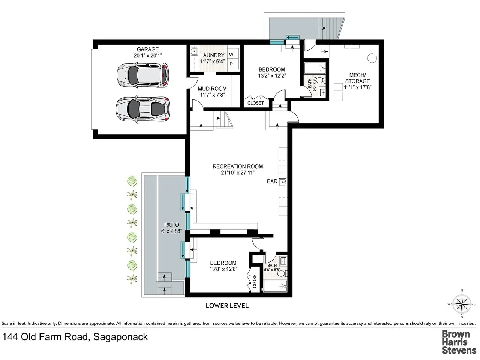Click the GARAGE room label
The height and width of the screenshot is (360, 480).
148,49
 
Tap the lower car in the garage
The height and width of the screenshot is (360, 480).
142,109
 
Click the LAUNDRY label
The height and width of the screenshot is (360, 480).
212,55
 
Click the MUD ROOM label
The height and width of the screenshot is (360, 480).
212,88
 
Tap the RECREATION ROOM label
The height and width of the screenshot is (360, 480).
238,166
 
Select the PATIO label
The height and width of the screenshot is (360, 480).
171,225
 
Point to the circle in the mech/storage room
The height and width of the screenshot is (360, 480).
372,58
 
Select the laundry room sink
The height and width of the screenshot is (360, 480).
194,52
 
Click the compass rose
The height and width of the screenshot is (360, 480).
462,304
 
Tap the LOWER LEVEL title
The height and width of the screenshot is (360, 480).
227,306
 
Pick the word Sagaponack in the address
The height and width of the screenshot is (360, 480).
120,337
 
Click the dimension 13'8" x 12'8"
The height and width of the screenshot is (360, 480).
223,269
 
